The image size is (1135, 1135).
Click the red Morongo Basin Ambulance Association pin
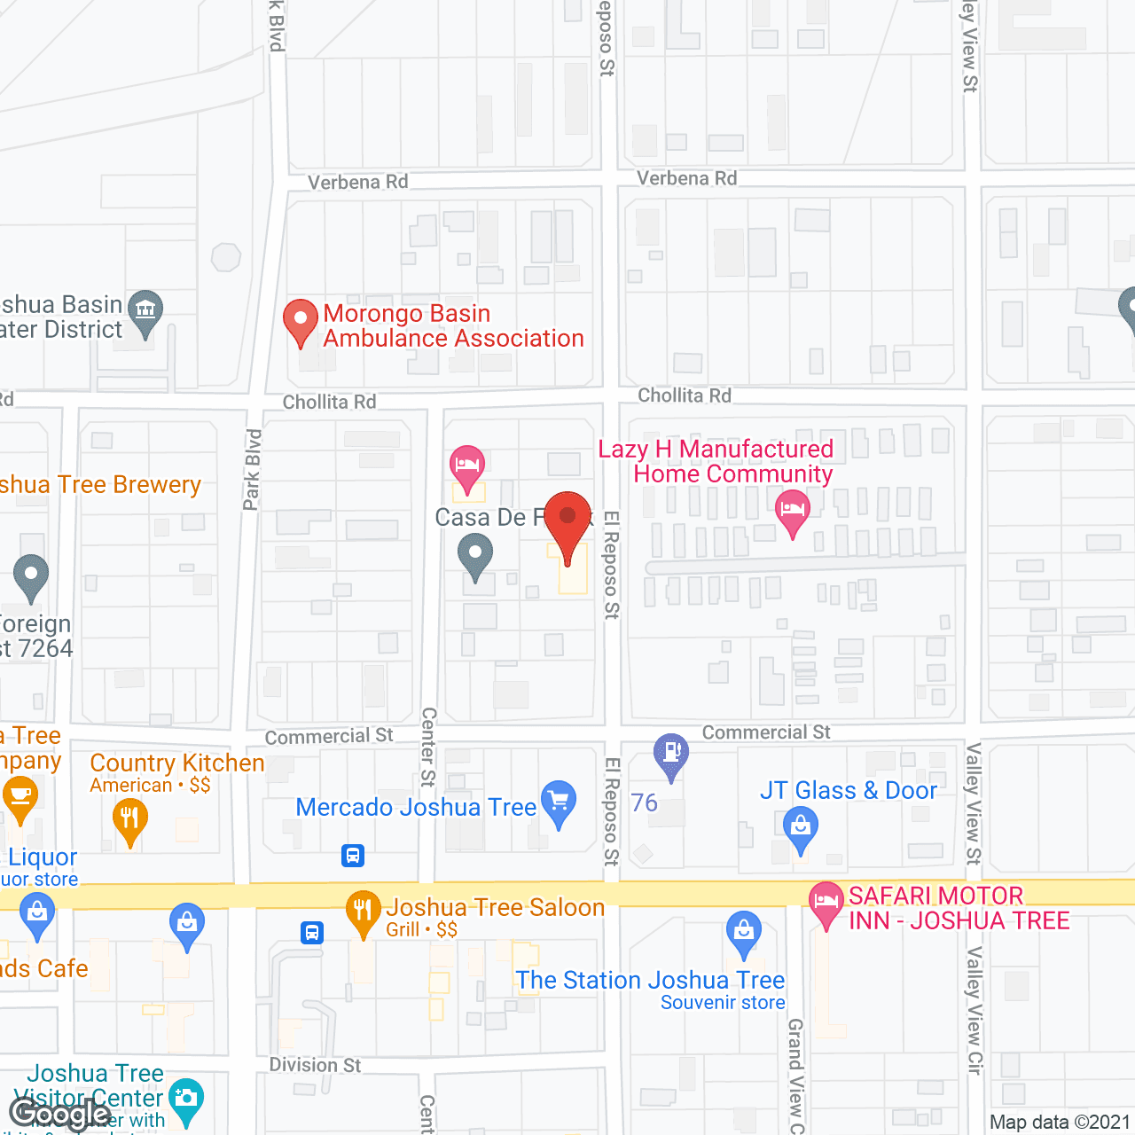(x=301, y=320)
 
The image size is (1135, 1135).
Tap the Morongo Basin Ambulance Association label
(x=452, y=325)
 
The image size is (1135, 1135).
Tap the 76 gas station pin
(x=671, y=755)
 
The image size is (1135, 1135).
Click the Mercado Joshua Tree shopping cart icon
(x=559, y=802)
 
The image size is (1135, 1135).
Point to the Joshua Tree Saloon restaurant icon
(x=362, y=912)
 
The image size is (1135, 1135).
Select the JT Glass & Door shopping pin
(x=801, y=831)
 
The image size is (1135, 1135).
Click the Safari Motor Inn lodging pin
(x=826, y=904)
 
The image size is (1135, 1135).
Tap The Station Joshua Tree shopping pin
(x=743, y=934)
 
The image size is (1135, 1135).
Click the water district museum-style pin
(x=145, y=312)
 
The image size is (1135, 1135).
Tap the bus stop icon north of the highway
(x=353, y=856)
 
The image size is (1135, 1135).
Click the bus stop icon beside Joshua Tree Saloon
(x=312, y=933)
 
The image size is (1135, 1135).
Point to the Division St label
(x=315, y=1064)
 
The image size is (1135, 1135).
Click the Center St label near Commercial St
(x=428, y=747)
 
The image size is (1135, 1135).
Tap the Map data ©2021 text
(x=1060, y=1122)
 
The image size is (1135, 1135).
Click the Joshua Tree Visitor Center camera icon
(x=185, y=1100)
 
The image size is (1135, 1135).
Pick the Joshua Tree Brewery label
(x=100, y=484)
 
